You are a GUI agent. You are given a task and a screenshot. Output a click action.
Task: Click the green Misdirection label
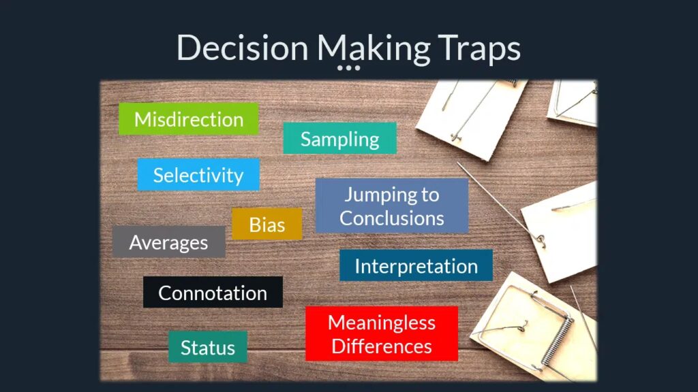click(x=189, y=118)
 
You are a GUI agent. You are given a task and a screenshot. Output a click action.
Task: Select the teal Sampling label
click(x=339, y=138)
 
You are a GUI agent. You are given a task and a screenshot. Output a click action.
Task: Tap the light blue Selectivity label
click(x=198, y=175)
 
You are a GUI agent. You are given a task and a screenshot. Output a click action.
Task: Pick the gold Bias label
click(x=267, y=224)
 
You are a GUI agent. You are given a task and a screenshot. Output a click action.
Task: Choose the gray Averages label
click(x=169, y=242)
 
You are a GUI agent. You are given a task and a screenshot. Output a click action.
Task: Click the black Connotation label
click(x=213, y=292)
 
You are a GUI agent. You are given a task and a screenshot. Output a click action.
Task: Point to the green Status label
click(x=207, y=346)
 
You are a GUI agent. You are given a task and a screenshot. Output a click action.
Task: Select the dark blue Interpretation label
click(x=416, y=265)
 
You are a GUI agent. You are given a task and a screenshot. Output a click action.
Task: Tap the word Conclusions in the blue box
click(x=392, y=218)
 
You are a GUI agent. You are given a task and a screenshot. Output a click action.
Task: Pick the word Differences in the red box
click(x=382, y=346)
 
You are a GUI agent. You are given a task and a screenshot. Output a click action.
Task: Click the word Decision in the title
click(x=243, y=47)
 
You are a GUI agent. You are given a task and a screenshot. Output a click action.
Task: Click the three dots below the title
click(x=348, y=68)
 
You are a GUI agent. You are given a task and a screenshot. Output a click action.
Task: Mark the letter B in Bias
click(x=254, y=225)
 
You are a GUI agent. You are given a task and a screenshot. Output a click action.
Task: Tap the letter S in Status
click(x=185, y=347)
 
